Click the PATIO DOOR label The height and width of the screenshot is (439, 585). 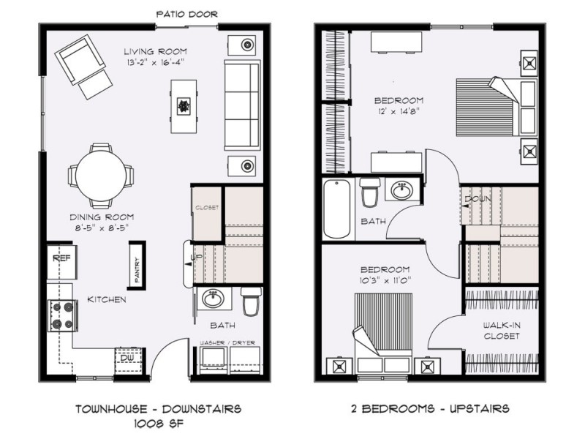[187, 14]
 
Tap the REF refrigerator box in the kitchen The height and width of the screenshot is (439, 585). [60, 259]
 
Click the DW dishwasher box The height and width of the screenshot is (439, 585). [126, 358]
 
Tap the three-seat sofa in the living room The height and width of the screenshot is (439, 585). [241, 103]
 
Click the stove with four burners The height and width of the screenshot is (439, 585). [61, 315]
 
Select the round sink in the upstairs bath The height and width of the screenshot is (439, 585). [401, 192]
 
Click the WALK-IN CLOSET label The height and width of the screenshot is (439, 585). [501, 330]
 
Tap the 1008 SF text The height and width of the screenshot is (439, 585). [159, 422]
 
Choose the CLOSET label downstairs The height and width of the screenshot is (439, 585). [207, 208]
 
